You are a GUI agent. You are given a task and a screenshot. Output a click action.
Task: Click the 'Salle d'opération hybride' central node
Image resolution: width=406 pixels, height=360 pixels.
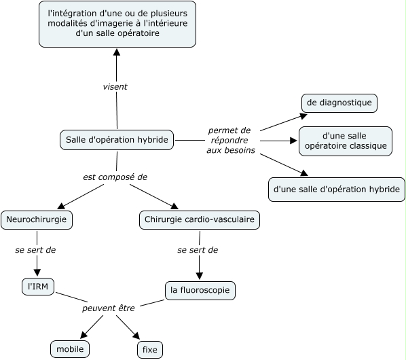click(117, 140)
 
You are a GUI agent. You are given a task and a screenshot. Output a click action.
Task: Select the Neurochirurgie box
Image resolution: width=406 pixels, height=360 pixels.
click(37, 219)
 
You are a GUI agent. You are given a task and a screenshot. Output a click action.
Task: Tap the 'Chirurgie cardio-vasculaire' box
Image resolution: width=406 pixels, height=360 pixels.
click(200, 219)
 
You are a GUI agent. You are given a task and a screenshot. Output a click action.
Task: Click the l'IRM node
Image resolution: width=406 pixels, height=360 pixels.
click(38, 287)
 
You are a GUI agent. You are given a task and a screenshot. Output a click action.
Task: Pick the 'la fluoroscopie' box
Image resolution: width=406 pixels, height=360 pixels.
click(200, 290)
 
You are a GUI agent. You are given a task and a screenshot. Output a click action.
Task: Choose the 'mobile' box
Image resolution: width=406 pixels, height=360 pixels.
click(70, 349)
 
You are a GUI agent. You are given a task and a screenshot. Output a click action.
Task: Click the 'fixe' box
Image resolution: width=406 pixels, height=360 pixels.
click(150, 350)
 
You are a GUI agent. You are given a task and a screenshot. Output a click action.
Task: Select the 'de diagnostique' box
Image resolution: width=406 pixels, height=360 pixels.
click(339, 103)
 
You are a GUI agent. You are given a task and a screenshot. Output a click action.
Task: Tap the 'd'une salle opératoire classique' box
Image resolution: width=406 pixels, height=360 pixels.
click(346, 141)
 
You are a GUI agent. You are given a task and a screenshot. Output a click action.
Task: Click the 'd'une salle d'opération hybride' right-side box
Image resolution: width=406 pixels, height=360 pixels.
click(337, 190)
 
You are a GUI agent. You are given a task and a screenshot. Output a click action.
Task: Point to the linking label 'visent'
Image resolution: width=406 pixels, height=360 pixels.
click(115, 87)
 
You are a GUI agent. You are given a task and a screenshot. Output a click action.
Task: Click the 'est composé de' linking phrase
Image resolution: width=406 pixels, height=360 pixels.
click(115, 177)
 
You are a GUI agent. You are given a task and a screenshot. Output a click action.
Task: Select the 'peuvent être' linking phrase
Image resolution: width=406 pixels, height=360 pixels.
click(109, 308)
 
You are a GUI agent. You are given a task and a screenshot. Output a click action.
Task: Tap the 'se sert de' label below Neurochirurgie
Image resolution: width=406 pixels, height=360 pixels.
click(35, 250)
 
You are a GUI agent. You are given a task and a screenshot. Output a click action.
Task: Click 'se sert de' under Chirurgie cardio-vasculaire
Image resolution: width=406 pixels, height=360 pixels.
click(198, 250)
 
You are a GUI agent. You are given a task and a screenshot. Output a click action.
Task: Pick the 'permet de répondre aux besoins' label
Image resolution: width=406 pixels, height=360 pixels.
click(230, 140)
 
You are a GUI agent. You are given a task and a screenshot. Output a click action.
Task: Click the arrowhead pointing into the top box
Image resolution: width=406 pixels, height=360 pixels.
click(117, 52)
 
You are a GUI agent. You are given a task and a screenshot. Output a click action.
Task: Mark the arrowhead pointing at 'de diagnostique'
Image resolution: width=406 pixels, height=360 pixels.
click(303, 116)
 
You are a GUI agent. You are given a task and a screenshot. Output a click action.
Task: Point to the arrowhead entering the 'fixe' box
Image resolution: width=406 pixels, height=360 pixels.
click(136, 336)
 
